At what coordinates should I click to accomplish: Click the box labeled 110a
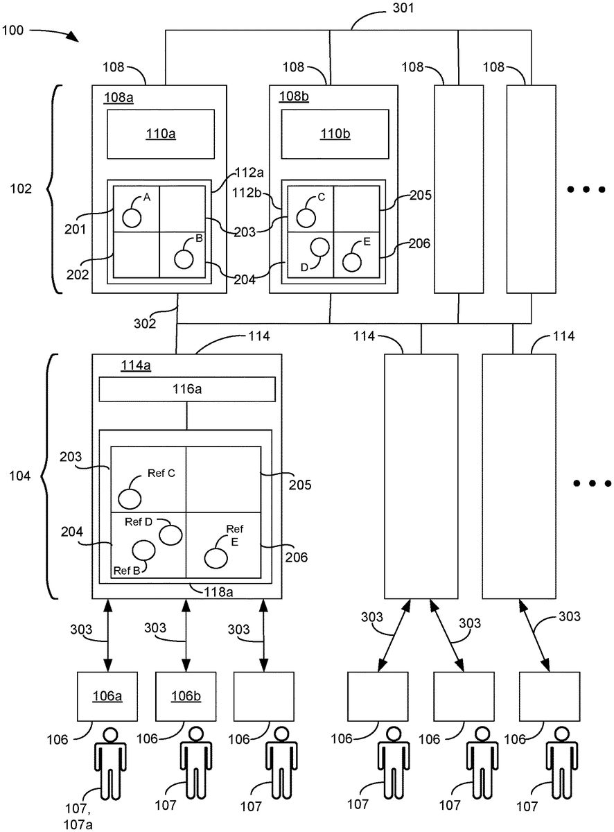[161, 134]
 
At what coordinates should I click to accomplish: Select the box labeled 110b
[335, 134]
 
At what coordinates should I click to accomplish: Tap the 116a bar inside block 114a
[187, 389]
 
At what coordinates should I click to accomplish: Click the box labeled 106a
[107, 696]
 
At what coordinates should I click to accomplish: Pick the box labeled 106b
[186, 696]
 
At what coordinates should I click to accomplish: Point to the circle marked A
[132, 218]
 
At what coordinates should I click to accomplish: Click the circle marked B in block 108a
[184, 259]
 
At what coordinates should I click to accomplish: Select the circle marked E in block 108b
[352, 262]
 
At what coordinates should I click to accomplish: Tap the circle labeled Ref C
[130, 499]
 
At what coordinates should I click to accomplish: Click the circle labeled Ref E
[216, 558]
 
